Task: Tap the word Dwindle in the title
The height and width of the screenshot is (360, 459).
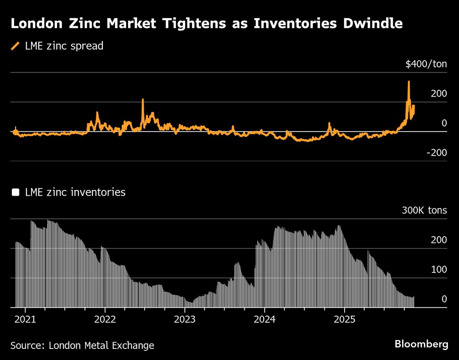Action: tap(366, 24)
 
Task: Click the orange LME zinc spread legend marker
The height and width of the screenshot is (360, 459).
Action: tap(15, 46)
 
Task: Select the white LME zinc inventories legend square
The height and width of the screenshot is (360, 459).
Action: tap(15, 192)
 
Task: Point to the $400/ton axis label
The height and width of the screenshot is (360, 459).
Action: tap(426, 64)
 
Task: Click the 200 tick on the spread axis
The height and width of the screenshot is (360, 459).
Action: tap(439, 94)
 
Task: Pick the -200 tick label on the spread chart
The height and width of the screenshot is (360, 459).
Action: tap(437, 153)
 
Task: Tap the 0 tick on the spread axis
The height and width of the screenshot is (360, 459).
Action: tap(444, 123)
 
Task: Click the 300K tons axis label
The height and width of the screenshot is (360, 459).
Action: tap(424, 211)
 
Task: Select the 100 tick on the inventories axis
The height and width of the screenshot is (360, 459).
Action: tap(439, 270)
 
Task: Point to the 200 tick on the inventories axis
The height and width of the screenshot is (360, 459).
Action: tap(439, 240)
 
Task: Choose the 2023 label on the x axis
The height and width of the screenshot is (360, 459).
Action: tap(185, 319)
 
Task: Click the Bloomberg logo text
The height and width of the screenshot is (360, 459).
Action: tap(421, 344)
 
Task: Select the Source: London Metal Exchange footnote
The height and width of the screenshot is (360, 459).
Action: tap(82, 345)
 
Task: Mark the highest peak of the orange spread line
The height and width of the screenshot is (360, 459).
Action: tap(409, 82)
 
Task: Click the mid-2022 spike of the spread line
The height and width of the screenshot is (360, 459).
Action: tap(143, 100)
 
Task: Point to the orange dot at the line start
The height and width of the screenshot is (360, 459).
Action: tap(15, 132)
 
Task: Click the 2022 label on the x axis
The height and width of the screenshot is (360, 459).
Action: tap(105, 319)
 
